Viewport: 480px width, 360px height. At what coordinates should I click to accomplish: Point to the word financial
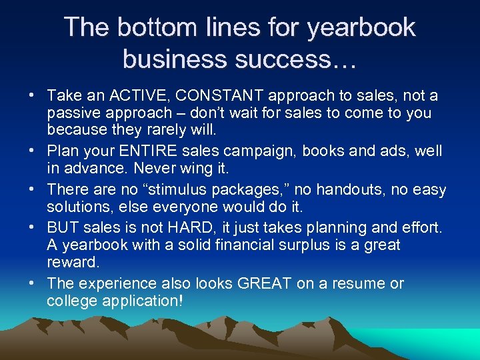coord(253,244)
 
